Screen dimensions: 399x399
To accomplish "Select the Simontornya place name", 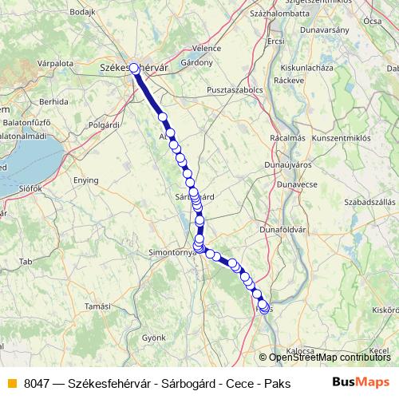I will tap(166, 251).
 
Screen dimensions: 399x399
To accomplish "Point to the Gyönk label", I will tap(152, 338).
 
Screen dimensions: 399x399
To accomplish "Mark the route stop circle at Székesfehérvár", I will tap(134, 68).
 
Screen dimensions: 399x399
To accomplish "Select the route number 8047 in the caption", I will tap(38, 382).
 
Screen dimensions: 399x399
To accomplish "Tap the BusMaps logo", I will tap(360, 381).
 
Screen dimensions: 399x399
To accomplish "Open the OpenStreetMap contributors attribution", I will tap(329, 358).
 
